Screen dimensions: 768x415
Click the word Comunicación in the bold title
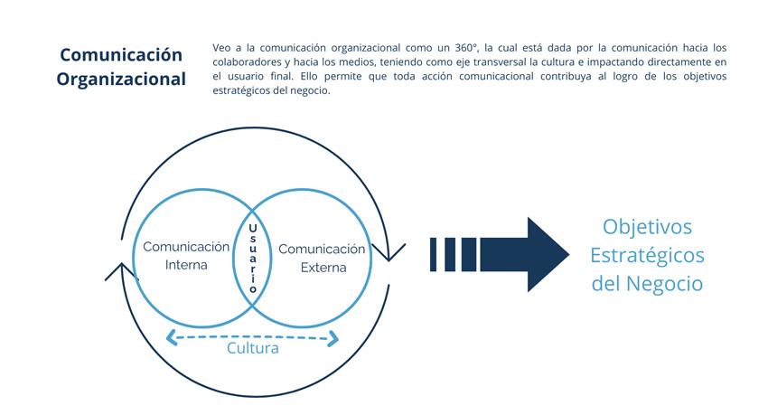click(121, 55)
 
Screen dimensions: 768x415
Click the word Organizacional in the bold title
click(121, 80)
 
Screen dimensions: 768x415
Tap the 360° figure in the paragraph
click(466, 48)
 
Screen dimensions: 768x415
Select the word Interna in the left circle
click(186, 265)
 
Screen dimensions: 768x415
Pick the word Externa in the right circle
click(323, 268)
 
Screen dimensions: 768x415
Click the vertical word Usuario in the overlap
click(253, 259)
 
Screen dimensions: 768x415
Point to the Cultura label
click(253, 348)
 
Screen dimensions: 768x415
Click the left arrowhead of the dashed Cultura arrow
click(172, 337)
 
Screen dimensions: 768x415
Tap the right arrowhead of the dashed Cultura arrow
click(333, 338)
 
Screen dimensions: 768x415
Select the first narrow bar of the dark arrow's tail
click(433, 255)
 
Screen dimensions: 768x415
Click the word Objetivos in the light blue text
click(647, 227)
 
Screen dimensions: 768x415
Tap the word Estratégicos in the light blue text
click(647, 256)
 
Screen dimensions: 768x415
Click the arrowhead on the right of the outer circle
click(389, 252)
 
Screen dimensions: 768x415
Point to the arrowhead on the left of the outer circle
click(121, 272)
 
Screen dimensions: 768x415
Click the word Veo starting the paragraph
click(220, 48)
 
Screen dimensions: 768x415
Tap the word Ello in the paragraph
click(309, 77)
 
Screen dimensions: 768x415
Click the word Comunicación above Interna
click(186, 247)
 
